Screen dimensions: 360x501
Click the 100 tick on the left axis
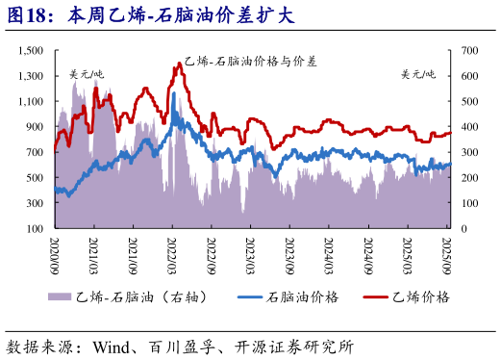coord(35,229)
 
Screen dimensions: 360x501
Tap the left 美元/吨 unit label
coord(87,74)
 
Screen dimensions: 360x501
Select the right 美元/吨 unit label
coord(418,74)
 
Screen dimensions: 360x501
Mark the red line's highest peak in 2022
coord(179,64)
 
